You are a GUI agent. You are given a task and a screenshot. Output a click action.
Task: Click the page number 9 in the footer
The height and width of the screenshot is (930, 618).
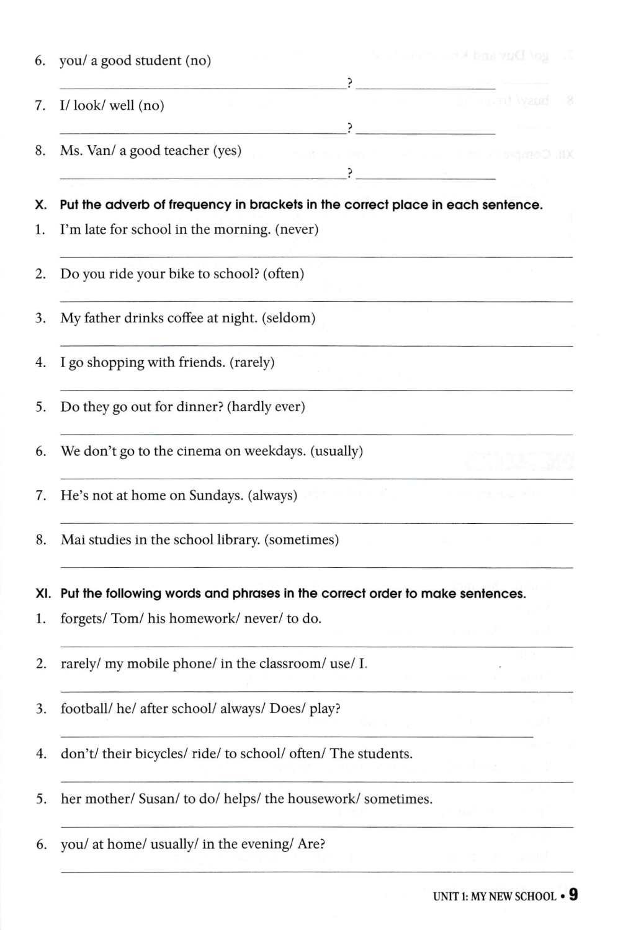pos(573,894)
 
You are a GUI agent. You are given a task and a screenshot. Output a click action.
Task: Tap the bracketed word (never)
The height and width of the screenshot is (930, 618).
pos(297,229)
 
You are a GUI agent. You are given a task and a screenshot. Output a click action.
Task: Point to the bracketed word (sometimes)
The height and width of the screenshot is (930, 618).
pos(302,540)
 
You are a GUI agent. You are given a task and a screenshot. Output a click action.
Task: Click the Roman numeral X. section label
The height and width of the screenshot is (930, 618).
pos(41,205)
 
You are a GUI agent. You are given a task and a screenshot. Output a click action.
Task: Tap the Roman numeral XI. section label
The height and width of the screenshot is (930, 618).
pos(43,594)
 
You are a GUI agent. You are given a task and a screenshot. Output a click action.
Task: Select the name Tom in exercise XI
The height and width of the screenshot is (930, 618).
pos(124,619)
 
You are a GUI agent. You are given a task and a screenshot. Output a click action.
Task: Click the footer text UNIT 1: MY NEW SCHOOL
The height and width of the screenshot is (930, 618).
pos(494,897)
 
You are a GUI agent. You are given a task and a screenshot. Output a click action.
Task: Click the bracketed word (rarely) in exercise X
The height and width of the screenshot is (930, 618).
pos(252,363)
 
